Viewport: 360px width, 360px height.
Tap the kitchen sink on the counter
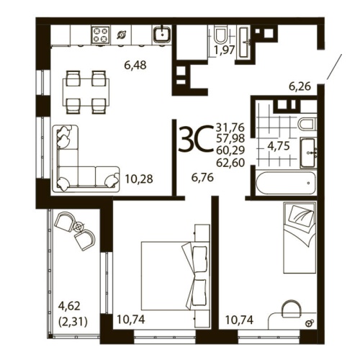pyautogui.click(x=162, y=33)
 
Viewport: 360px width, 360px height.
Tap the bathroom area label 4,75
pyautogui.click(x=279, y=145)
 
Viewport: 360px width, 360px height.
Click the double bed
pyautogui.click(x=169, y=274)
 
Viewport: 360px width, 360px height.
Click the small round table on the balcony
pyautogui.click(x=78, y=226)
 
